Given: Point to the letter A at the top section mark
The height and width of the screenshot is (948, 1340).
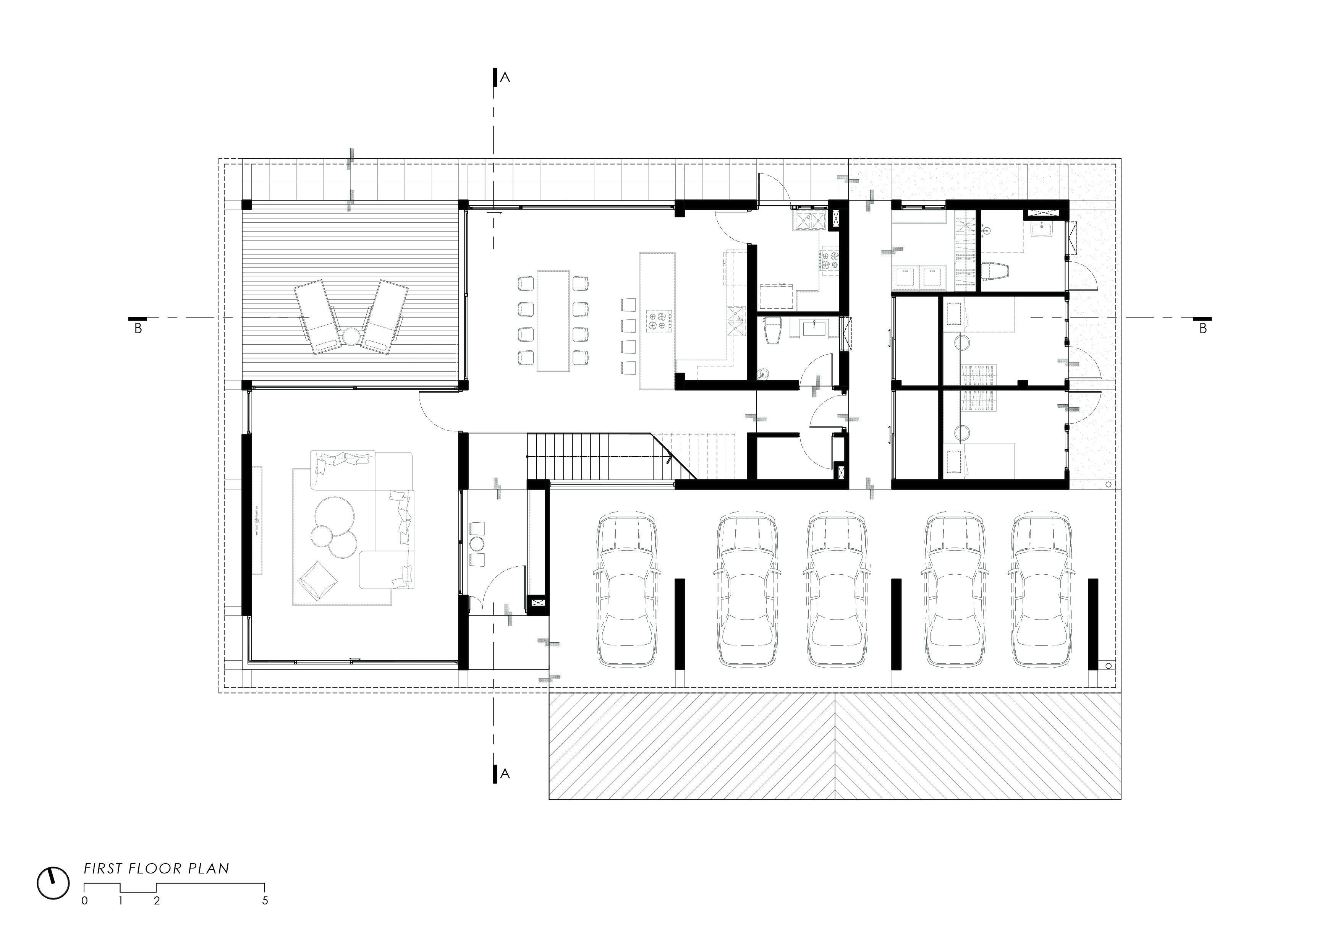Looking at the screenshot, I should [505, 78].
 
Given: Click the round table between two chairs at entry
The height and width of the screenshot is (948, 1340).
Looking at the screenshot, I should [477, 543].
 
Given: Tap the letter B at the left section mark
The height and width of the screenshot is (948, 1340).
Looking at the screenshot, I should [138, 329].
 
